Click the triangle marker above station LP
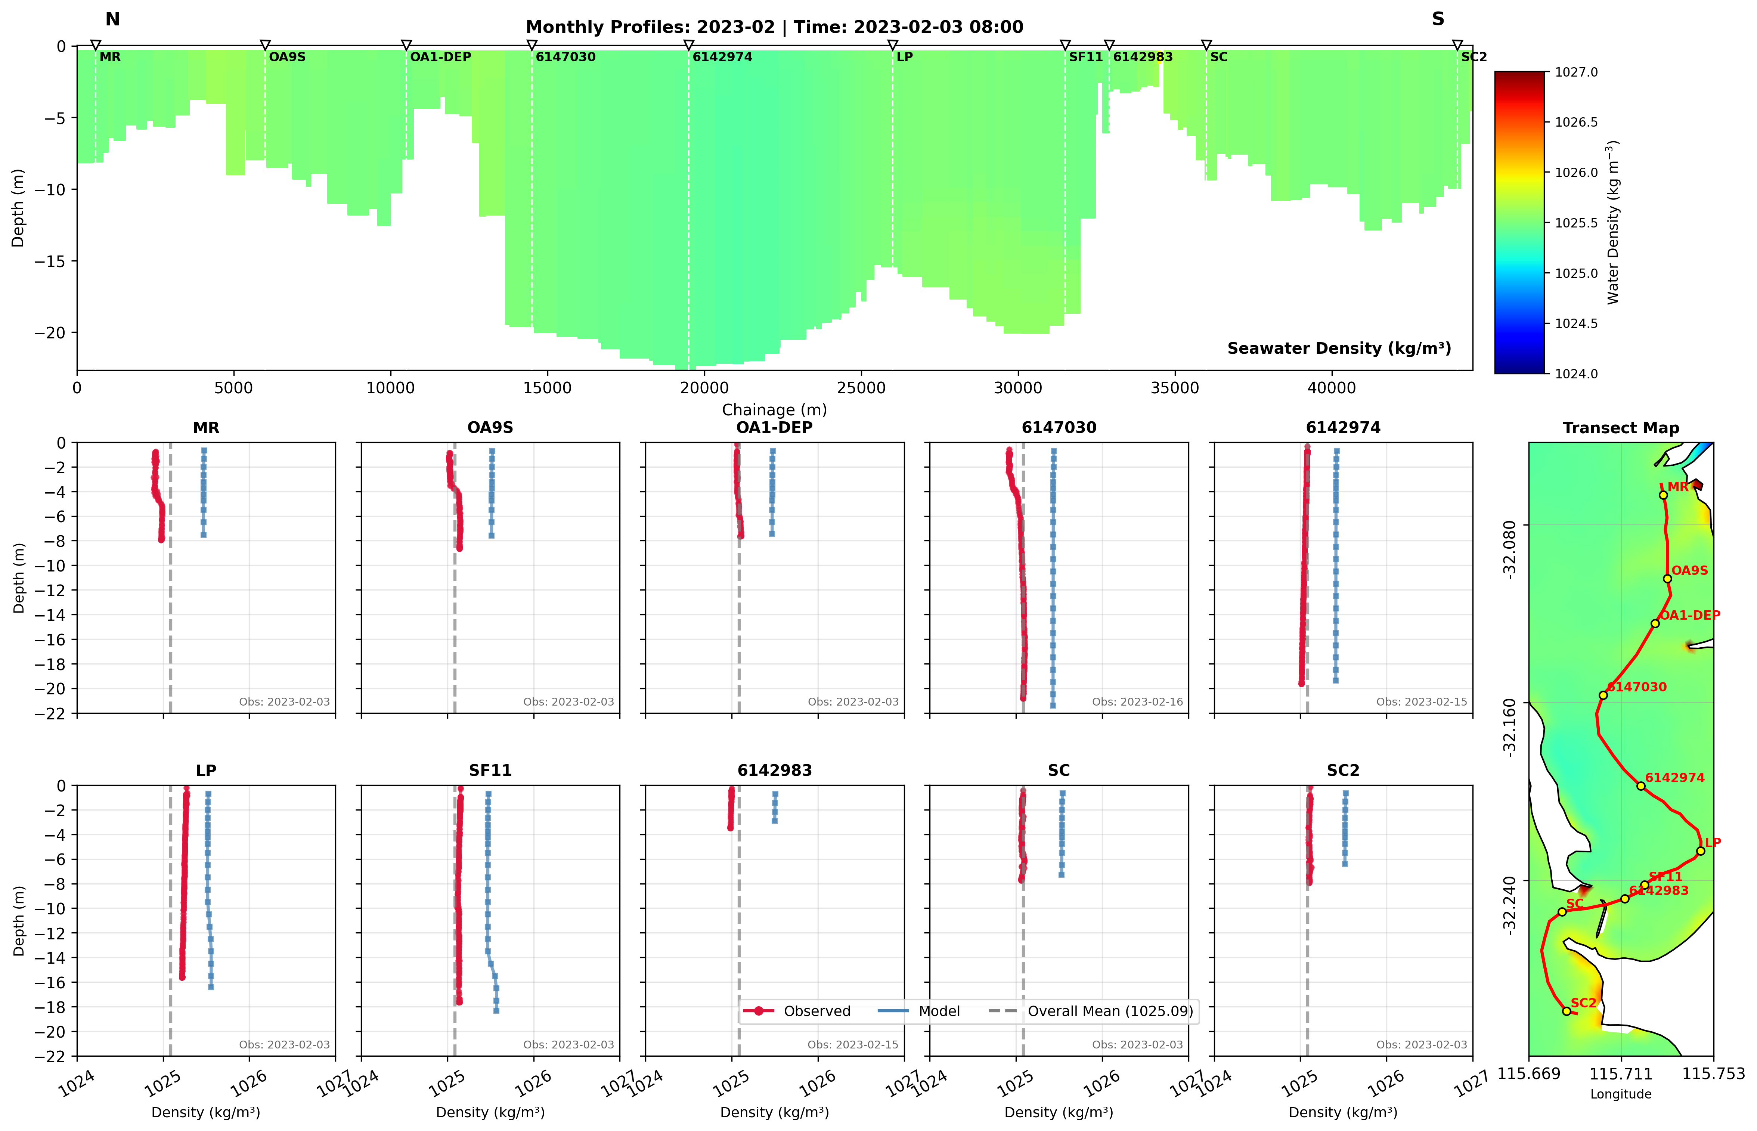(893, 46)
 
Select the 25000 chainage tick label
(861, 388)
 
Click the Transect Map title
(1620, 428)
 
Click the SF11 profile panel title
(490, 771)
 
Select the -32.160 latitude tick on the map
(1510, 727)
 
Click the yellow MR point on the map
(1663, 495)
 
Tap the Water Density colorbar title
(1612, 223)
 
